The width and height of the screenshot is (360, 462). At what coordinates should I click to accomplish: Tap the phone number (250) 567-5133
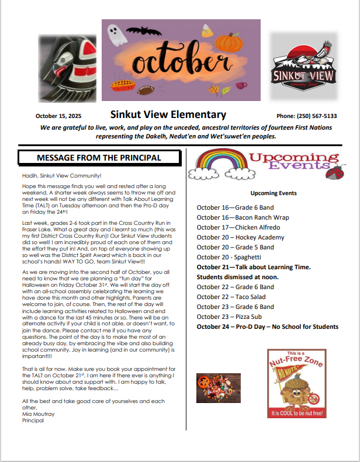tap(306, 116)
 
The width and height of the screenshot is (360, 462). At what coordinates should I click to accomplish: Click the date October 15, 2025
tap(66, 116)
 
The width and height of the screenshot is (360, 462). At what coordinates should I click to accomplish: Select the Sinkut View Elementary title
tap(168, 114)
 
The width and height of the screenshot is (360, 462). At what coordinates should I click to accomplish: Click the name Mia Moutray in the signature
tap(37, 414)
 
